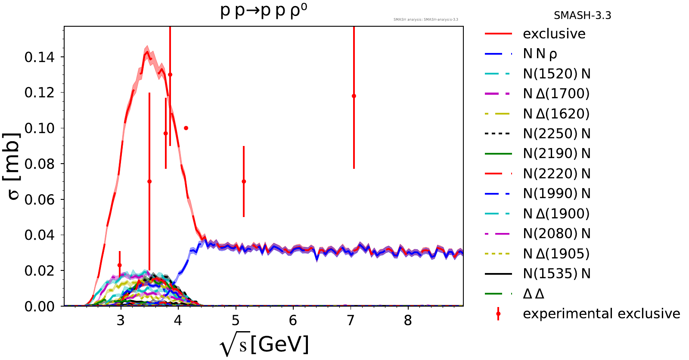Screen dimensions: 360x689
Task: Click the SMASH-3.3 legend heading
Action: click(582, 16)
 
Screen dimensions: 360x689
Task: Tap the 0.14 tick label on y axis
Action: click(40, 57)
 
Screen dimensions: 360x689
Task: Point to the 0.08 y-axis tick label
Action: click(40, 164)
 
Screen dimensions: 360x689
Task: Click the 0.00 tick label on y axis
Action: click(40, 306)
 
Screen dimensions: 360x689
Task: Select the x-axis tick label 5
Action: click(236, 320)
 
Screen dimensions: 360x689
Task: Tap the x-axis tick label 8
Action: click(408, 320)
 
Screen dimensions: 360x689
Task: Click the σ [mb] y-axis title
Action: click(14, 166)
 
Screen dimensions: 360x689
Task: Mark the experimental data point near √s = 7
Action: click(354, 96)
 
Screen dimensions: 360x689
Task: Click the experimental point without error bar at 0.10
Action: click(186, 128)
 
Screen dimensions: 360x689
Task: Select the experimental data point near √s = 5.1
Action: click(244, 181)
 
